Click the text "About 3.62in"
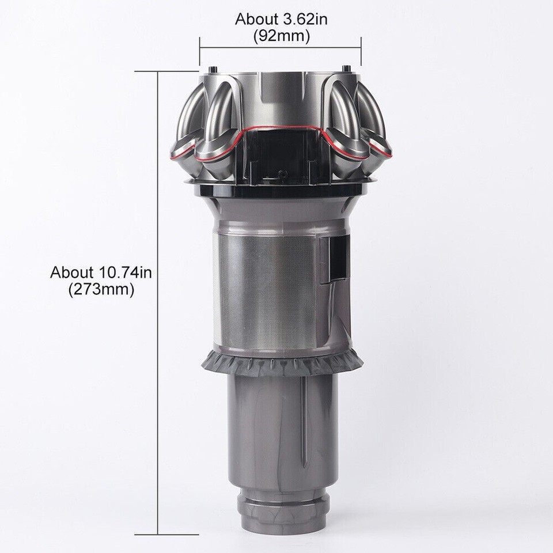(281, 20)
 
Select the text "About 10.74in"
(101, 272)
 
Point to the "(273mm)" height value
(101, 289)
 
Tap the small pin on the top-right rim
(347, 70)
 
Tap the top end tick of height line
(158, 71)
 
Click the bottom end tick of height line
(158, 534)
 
